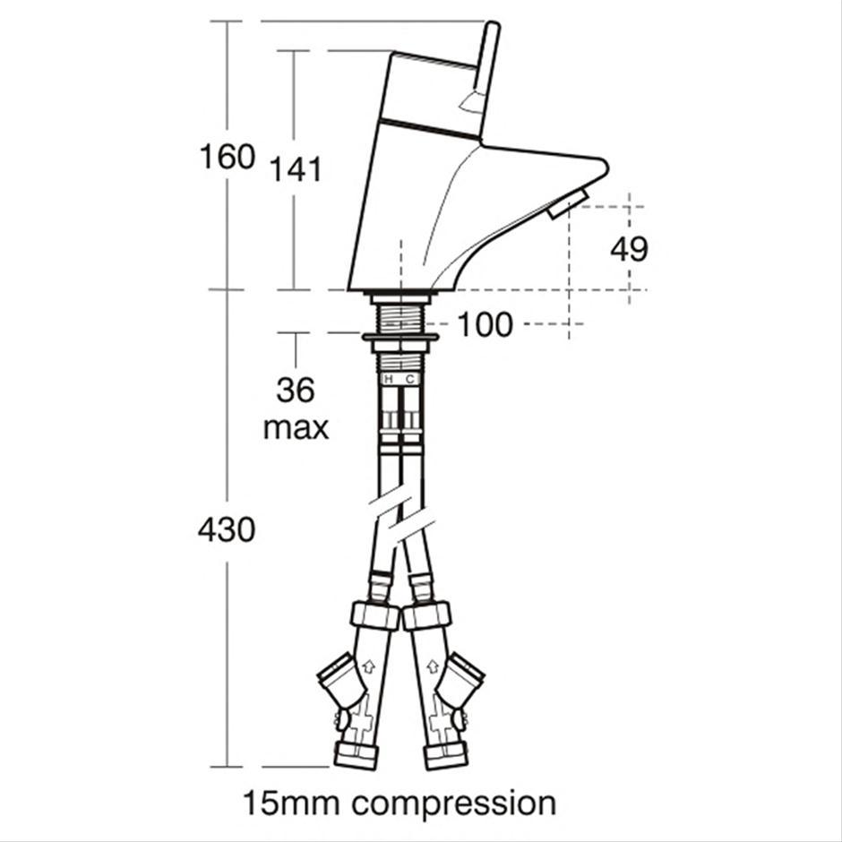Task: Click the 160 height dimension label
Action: tap(228, 157)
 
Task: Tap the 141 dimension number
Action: tap(296, 169)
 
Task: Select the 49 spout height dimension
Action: tap(629, 249)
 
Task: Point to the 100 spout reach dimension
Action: tap(485, 324)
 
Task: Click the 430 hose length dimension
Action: tap(227, 529)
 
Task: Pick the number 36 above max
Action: tap(296, 391)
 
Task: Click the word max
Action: tap(296, 428)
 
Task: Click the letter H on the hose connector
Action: tap(390, 379)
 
